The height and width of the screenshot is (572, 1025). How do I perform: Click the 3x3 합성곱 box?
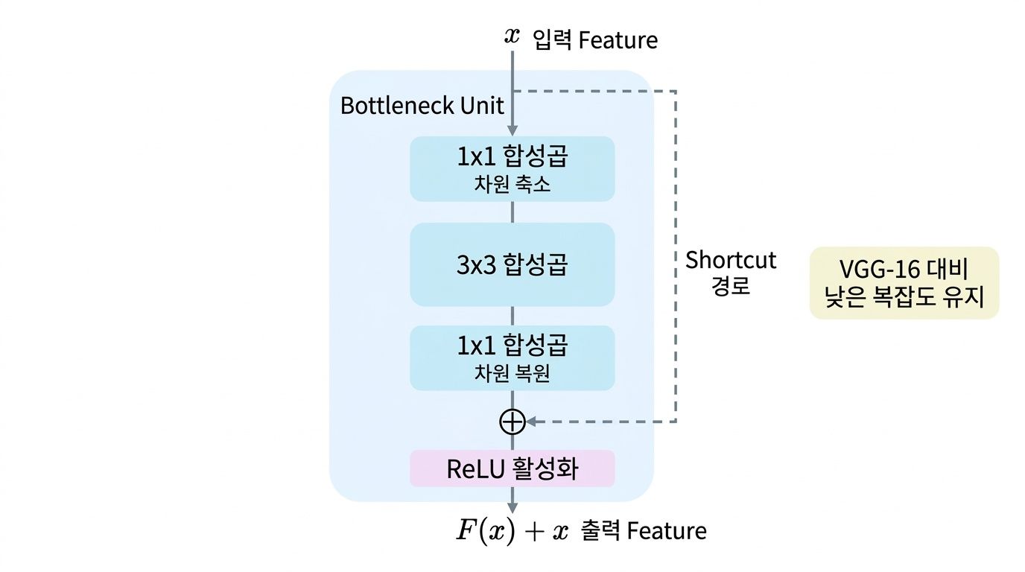click(x=512, y=264)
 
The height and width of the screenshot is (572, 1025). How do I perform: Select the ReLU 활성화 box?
click(x=512, y=468)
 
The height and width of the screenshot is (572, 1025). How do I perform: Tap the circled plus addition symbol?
click(x=512, y=422)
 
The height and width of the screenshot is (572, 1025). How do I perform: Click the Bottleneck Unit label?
click(x=422, y=105)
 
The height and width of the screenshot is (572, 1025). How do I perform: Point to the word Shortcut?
click(x=731, y=260)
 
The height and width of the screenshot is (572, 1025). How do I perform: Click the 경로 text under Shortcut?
click(x=731, y=286)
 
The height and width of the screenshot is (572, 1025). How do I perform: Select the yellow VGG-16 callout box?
click(x=904, y=283)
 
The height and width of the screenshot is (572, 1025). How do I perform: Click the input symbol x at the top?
click(x=512, y=36)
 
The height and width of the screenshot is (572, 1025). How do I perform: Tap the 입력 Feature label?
click(x=595, y=39)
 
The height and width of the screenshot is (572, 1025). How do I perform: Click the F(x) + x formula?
click(x=512, y=530)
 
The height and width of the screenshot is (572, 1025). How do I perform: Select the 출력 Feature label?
click(x=642, y=530)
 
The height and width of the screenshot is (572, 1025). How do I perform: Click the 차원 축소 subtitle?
click(x=512, y=185)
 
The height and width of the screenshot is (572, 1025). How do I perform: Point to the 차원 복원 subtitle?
click(x=512, y=373)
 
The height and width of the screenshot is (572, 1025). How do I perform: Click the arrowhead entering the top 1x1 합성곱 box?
click(x=512, y=131)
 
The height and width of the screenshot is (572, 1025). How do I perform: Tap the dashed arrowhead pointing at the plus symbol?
click(x=532, y=422)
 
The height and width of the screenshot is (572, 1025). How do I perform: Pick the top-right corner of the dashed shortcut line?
click(x=676, y=91)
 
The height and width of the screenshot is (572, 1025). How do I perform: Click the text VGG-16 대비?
click(x=904, y=269)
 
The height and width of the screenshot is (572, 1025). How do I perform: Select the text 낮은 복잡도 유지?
click(x=904, y=297)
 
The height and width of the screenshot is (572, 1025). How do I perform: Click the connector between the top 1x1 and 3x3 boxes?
click(x=512, y=212)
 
